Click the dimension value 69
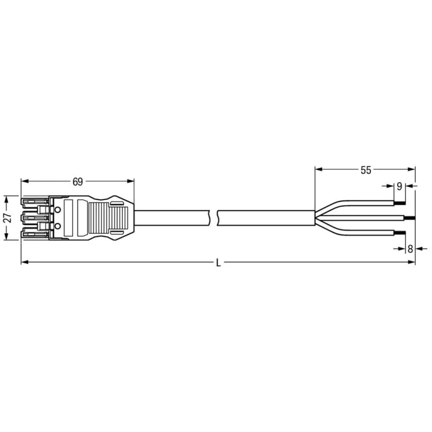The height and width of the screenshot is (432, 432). (x=78, y=181)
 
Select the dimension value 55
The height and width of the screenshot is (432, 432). (x=366, y=170)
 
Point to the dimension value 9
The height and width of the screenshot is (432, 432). (x=399, y=186)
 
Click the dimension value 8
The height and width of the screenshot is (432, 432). (x=410, y=249)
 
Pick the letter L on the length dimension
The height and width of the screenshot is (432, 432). (x=218, y=263)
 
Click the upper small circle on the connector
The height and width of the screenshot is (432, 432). (x=58, y=209)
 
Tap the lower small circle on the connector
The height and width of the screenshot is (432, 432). (x=58, y=225)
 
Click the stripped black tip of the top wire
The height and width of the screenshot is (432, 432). (x=401, y=203)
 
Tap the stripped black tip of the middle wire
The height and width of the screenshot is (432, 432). (x=411, y=218)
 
